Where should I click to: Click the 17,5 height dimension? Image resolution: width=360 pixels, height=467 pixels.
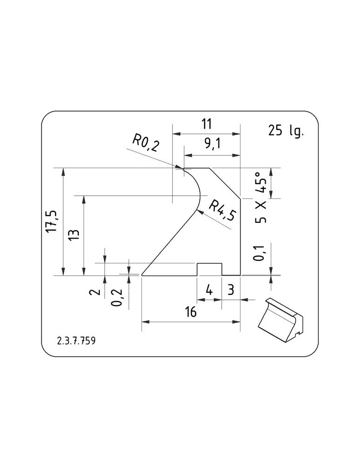53,221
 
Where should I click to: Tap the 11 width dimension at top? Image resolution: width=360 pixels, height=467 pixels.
206,124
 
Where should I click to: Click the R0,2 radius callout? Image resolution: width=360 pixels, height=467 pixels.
146,143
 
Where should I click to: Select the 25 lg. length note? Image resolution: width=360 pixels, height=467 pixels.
286,130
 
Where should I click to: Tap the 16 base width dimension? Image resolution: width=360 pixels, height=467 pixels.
191,312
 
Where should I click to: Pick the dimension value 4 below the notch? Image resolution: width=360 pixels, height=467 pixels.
209,290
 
